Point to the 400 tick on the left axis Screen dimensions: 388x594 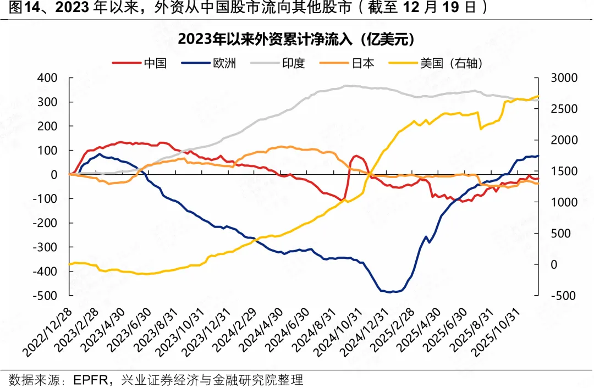(x=47, y=78)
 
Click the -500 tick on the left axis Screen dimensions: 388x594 (x=45, y=296)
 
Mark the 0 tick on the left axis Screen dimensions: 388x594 (x=54, y=175)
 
